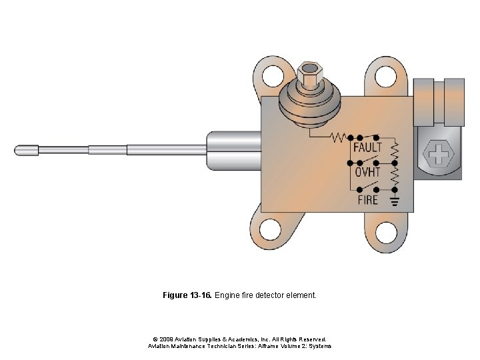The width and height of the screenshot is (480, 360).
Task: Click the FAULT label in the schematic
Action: (367, 147)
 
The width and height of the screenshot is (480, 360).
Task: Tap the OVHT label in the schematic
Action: (367, 173)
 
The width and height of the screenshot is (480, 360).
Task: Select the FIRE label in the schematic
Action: (367, 199)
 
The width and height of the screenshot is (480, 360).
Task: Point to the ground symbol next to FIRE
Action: (394, 199)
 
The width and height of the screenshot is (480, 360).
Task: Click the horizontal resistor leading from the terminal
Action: (338, 137)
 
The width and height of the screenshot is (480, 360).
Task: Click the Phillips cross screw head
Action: (438, 157)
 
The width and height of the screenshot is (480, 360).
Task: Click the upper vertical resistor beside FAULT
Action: (394, 149)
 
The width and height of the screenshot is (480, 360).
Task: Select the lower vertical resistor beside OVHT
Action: (394, 175)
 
